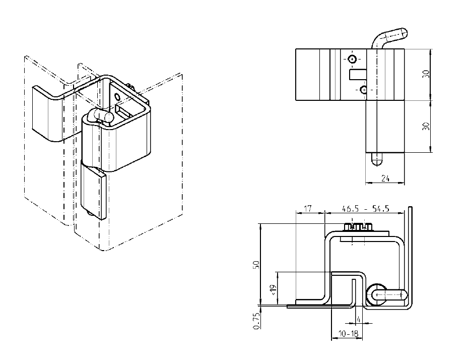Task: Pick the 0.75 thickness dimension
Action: [256, 321]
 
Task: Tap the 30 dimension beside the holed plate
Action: [426, 74]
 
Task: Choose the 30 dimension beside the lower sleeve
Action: [426, 126]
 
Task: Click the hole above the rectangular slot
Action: [352, 59]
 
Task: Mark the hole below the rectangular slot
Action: [364, 90]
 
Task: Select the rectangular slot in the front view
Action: [358, 75]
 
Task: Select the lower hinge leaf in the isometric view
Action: [94, 191]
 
